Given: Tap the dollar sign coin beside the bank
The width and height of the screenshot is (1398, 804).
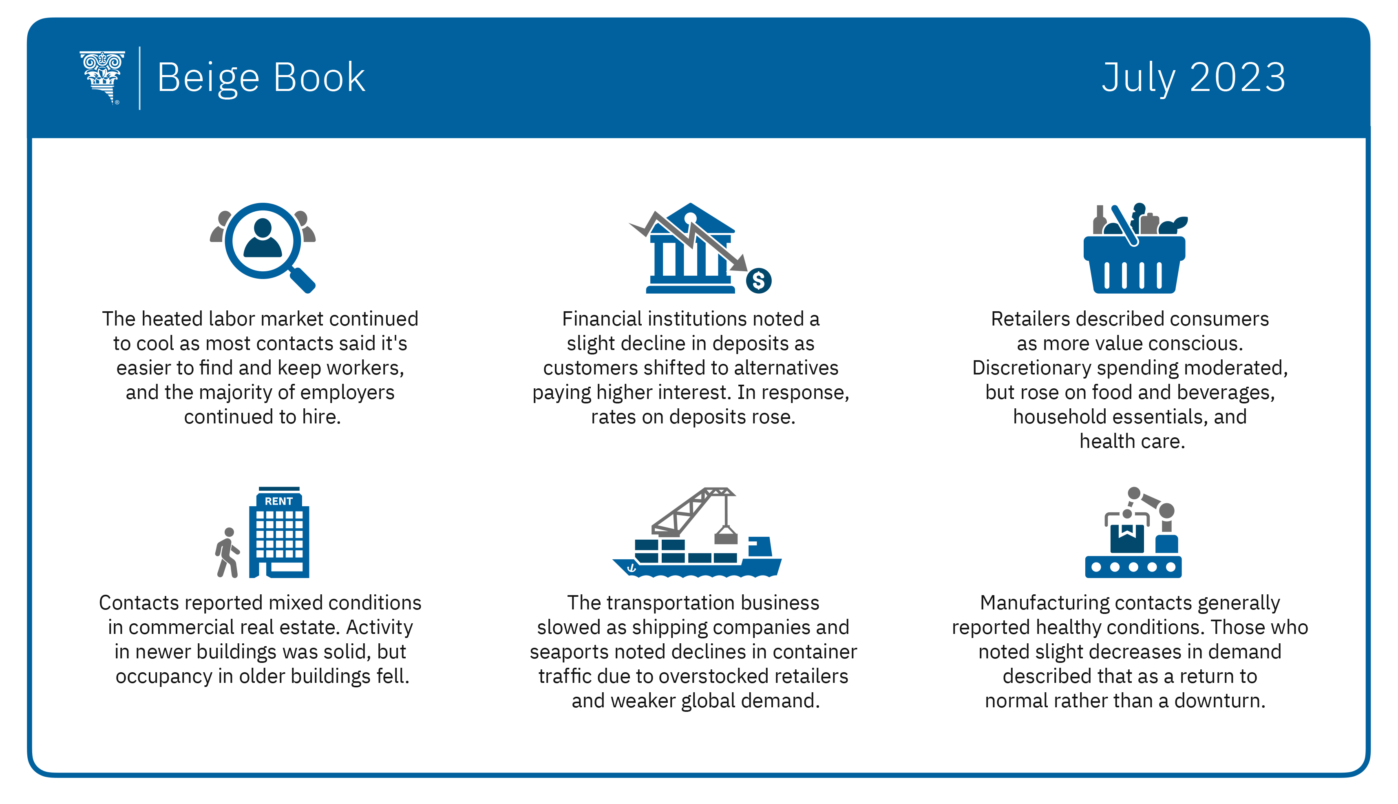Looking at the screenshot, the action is pyautogui.click(x=759, y=281).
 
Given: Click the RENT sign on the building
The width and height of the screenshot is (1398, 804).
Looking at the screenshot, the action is pyautogui.click(x=279, y=501).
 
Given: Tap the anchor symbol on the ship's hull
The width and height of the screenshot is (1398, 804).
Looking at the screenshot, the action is pyautogui.click(x=632, y=567).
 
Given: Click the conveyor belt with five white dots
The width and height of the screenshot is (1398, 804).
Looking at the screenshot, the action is pyautogui.click(x=1133, y=567).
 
